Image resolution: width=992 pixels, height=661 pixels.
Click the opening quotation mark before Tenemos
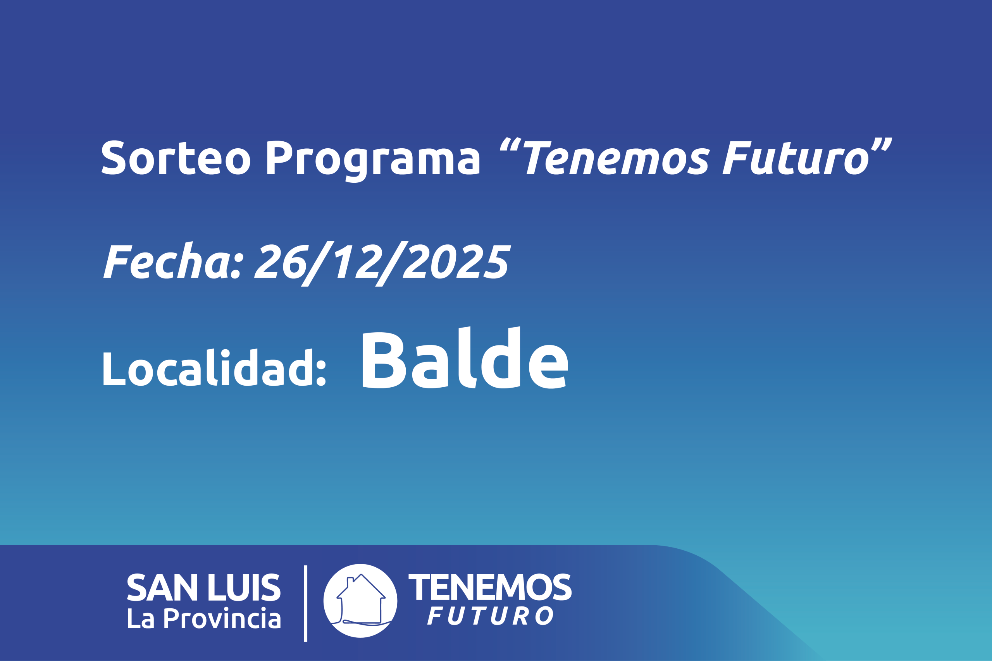click(x=510, y=144)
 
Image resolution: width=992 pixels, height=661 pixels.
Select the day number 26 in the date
click(x=280, y=261)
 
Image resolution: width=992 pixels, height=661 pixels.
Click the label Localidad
click(x=214, y=367)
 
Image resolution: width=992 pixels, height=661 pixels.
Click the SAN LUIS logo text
click(x=204, y=587)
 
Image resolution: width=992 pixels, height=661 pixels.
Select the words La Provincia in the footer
click(x=204, y=618)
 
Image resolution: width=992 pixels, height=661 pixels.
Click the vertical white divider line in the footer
click(x=305, y=604)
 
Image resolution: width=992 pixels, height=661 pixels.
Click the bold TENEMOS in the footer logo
click(x=490, y=587)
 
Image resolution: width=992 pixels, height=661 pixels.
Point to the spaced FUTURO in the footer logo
click(x=490, y=616)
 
